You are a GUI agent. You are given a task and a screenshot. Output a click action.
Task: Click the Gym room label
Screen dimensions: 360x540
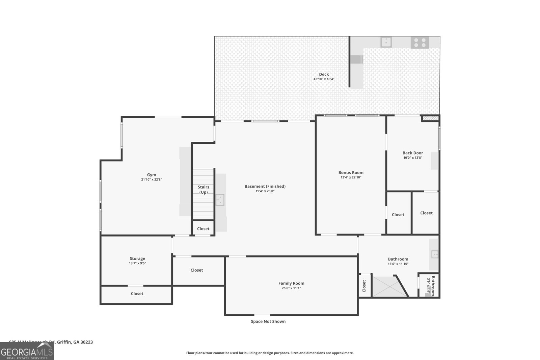pyautogui.click(x=152, y=175)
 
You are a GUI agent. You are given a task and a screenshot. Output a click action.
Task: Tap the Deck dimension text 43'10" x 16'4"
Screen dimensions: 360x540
pyautogui.click(x=324, y=79)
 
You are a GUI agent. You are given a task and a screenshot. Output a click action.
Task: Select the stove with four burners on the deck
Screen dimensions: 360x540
pyautogui.click(x=420, y=43)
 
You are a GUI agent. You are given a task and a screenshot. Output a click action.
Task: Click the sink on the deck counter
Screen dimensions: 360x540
pyautogui.click(x=386, y=42)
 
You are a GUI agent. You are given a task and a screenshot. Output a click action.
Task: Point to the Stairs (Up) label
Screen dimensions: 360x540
pyautogui.click(x=204, y=190)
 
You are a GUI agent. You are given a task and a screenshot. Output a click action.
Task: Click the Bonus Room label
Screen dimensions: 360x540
pyautogui.click(x=351, y=172)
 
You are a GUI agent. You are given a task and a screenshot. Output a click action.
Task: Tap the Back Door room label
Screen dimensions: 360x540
pyautogui.click(x=412, y=153)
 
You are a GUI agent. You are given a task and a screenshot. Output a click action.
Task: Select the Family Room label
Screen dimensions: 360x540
pyautogui.click(x=291, y=283)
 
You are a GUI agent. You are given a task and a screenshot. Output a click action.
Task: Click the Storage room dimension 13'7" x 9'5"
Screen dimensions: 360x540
pyautogui.click(x=137, y=264)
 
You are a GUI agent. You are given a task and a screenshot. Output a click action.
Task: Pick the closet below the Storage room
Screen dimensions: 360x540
pyautogui.click(x=137, y=294)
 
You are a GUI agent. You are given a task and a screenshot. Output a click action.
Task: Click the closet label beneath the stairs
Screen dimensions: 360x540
pyautogui.click(x=203, y=229)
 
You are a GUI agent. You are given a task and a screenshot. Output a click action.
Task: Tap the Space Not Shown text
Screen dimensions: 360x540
pyautogui.click(x=268, y=322)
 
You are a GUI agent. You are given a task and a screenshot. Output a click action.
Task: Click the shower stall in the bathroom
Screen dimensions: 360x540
pyautogui.click(x=388, y=286)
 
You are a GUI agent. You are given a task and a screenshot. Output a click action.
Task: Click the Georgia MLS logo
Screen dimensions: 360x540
pyautogui.click(x=27, y=351)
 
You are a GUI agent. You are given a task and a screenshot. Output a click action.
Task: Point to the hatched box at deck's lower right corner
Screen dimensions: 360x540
pyautogui.click(x=430, y=118)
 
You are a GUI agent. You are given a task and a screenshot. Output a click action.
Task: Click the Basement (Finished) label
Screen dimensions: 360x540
pyautogui.click(x=265, y=186)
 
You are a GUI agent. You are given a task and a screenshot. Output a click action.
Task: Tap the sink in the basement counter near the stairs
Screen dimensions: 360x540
pyautogui.click(x=220, y=199)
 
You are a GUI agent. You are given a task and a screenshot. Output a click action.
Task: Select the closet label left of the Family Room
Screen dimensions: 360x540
pyautogui.click(x=197, y=270)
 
